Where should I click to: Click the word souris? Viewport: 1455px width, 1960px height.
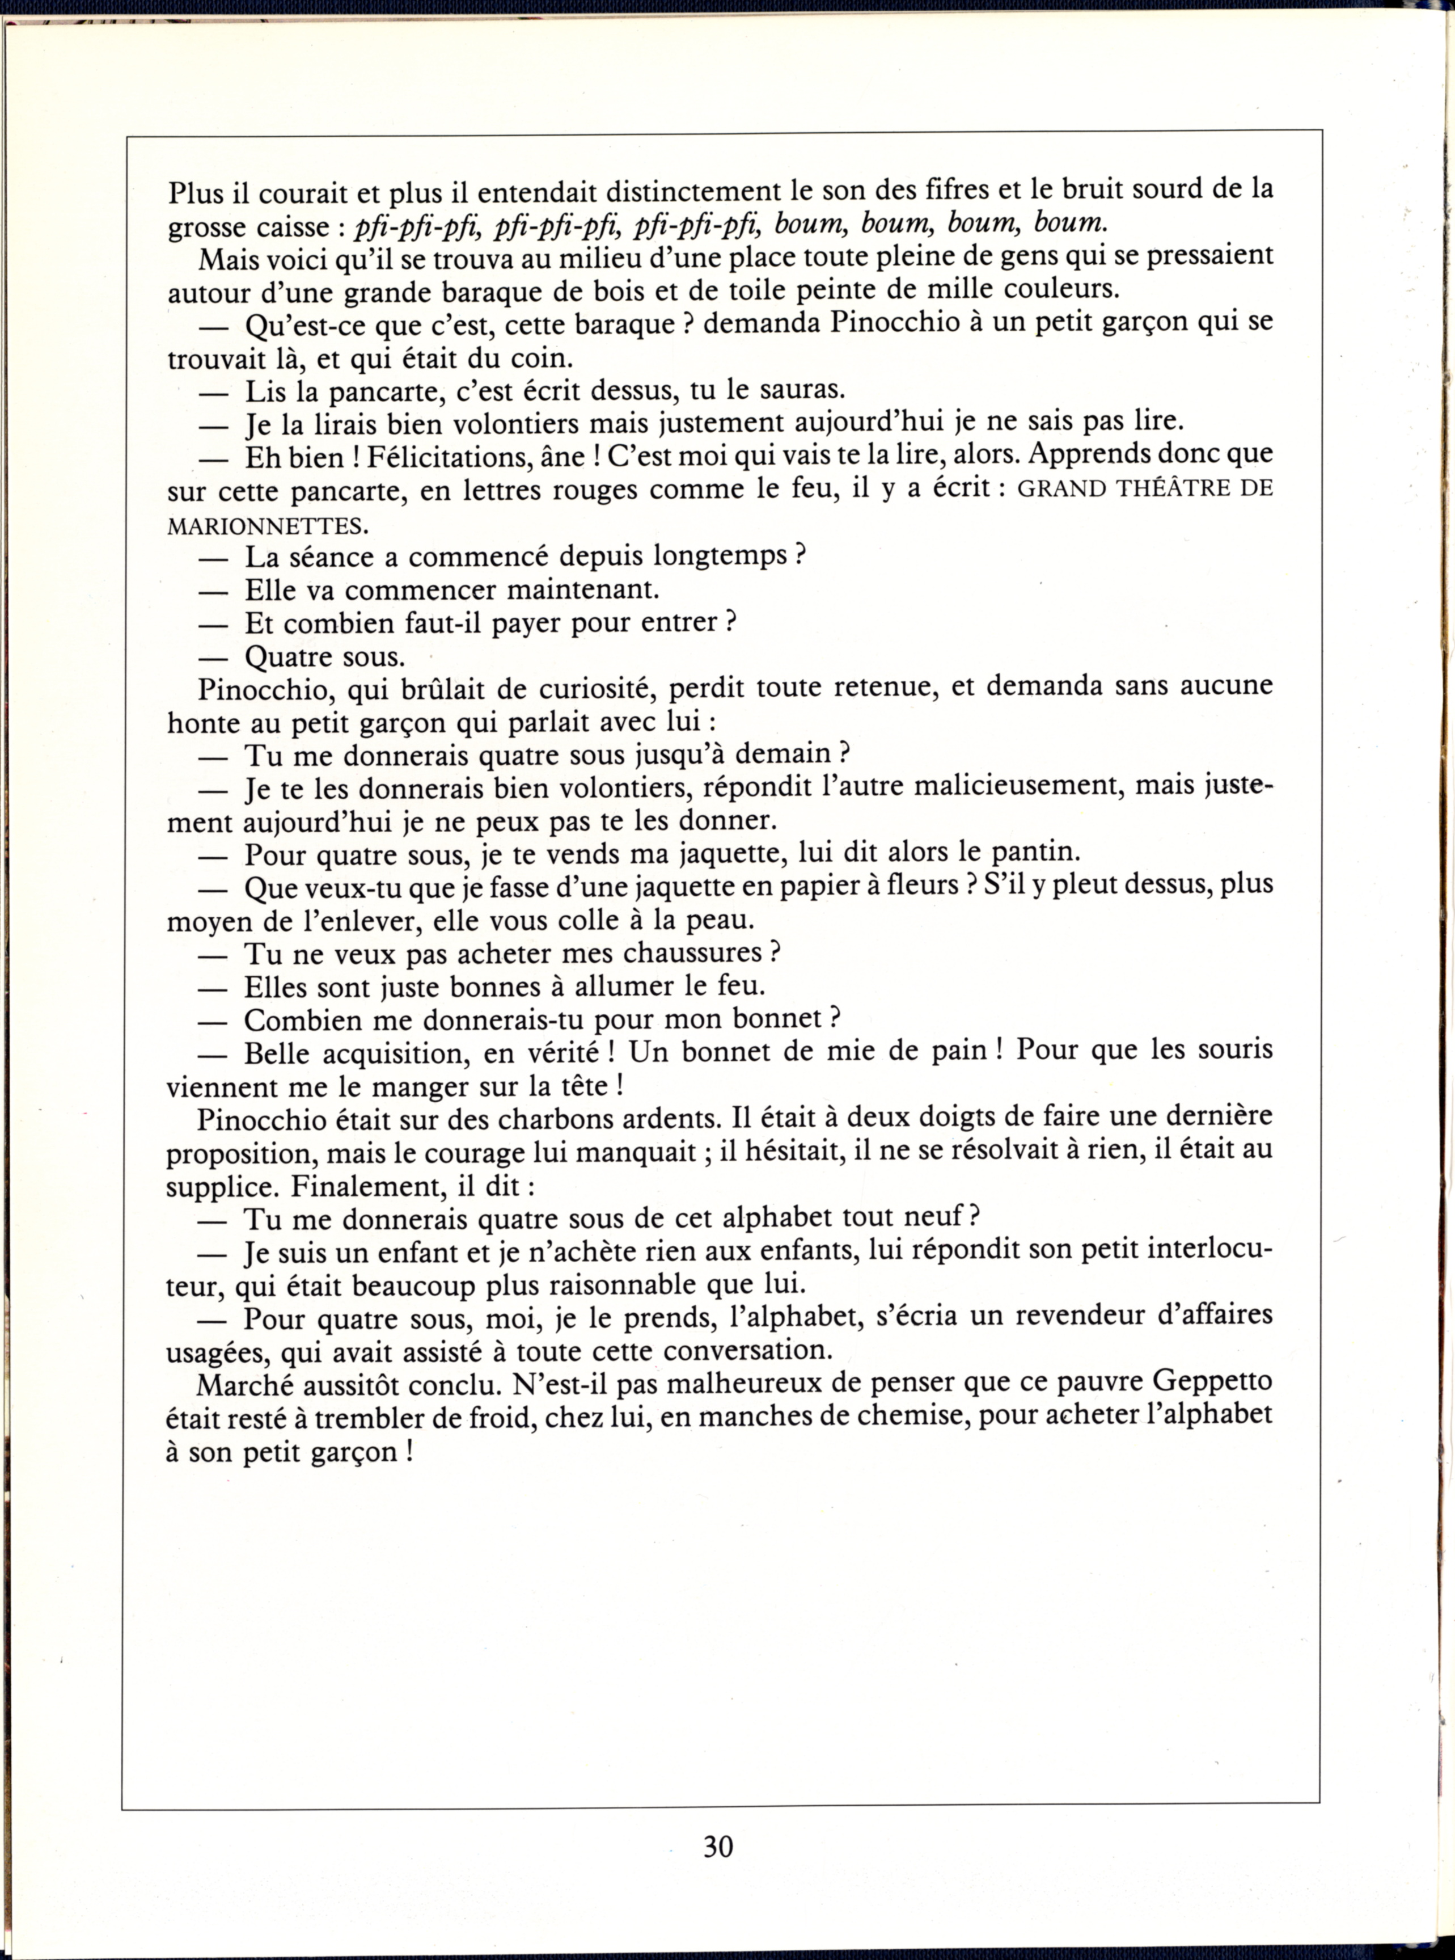tap(1233, 1050)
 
